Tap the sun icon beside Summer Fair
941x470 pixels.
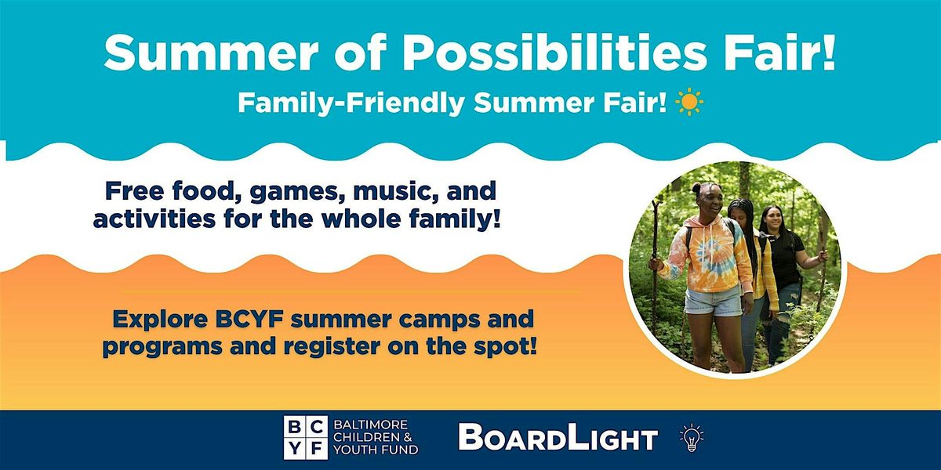[689, 103]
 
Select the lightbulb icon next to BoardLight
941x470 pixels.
[692, 438]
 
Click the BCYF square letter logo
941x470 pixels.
[305, 437]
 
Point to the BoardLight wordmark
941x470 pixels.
[558, 437]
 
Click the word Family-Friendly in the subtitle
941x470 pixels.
[351, 103]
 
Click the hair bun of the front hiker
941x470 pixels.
[696, 189]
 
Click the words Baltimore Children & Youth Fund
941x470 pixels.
[376, 437]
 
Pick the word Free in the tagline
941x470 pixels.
[134, 192]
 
